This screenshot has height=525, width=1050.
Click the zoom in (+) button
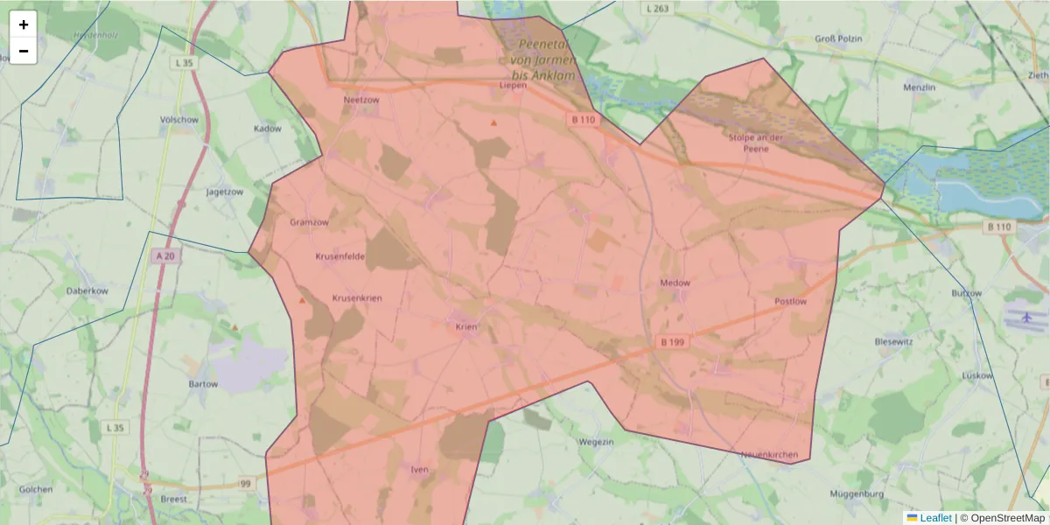pyautogui.click(x=23, y=24)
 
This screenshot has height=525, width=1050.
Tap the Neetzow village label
pyautogui.click(x=361, y=100)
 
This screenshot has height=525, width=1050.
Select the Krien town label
pyautogui.click(x=465, y=327)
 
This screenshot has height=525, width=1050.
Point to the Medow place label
pyautogui.click(x=675, y=283)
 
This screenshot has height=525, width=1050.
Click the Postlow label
pyautogui.click(x=790, y=301)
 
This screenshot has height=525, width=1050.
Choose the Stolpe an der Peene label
pyautogui.click(x=754, y=143)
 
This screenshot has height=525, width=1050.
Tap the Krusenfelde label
pyautogui.click(x=339, y=256)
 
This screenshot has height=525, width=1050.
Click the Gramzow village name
pyautogui.click(x=309, y=222)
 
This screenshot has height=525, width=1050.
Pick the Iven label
pyautogui.click(x=419, y=470)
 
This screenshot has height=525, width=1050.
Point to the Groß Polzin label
pyautogui.click(x=838, y=39)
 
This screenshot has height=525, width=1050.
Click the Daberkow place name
pyautogui.click(x=87, y=290)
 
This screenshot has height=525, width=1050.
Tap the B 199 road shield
pyautogui.click(x=672, y=342)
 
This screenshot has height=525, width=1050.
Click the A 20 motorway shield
pyautogui.click(x=163, y=256)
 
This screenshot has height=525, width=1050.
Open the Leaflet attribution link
pyautogui.click(x=934, y=518)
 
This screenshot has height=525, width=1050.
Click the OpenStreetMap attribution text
pyautogui.click(x=1007, y=518)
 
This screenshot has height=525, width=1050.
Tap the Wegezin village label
pyautogui.click(x=595, y=442)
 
